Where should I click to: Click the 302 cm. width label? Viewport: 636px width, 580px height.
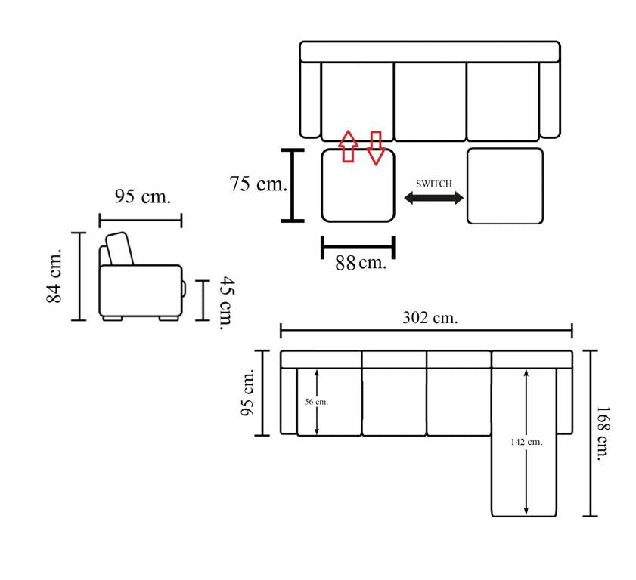pyautogui.click(x=430, y=317)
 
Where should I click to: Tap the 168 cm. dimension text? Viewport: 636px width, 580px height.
pyautogui.click(x=603, y=433)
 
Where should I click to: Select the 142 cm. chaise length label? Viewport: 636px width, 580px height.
pyautogui.click(x=526, y=442)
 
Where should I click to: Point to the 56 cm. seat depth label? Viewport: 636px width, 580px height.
pyautogui.click(x=316, y=402)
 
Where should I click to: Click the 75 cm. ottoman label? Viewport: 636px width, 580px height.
pyautogui.click(x=259, y=184)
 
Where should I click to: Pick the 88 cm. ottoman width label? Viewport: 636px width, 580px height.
pyautogui.click(x=361, y=263)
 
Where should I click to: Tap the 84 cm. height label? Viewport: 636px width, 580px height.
pyautogui.click(x=54, y=276)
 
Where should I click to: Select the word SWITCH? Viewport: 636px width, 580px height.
pyautogui.click(x=434, y=184)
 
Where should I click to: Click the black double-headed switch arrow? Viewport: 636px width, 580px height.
pyautogui.click(x=434, y=198)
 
